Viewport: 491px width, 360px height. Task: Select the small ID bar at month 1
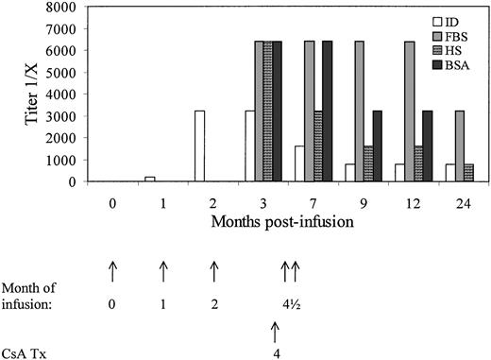pos(150,180)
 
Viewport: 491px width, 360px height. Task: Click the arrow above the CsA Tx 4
pos(275,331)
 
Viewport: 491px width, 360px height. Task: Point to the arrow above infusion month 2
pos(212,272)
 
